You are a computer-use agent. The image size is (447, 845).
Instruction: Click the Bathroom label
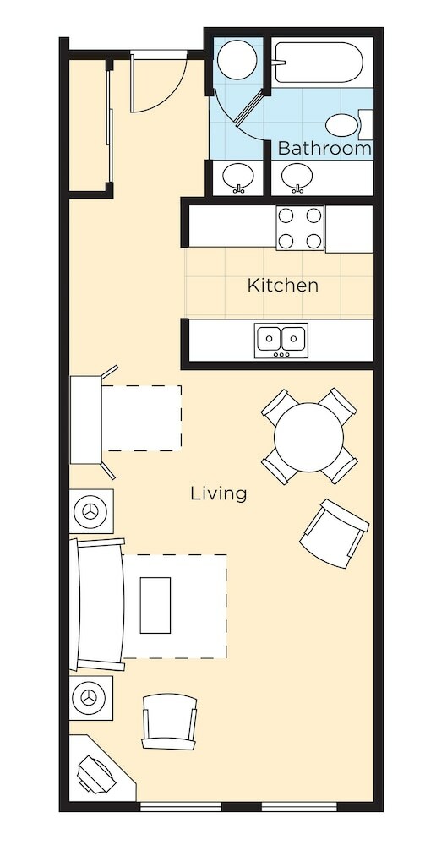[x=324, y=148]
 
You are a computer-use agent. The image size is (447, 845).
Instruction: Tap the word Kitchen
[x=282, y=285]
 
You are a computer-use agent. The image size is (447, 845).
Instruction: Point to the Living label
[x=219, y=493]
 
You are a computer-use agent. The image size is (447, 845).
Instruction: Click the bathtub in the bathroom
[x=317, y=63]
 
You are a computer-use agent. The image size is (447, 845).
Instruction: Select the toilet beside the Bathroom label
[x=348, y=125]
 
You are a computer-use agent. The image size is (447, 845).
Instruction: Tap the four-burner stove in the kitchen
[x=300, y=228]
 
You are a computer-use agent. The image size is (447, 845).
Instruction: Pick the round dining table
[x=308, y=437]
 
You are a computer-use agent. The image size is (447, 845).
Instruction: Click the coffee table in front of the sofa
[x=155, y=605]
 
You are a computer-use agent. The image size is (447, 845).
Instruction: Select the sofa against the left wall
[x=97, y=604]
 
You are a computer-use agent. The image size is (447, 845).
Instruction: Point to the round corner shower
[x=237, y=60]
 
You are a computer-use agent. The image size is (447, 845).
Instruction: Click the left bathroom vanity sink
[x=237, y=178]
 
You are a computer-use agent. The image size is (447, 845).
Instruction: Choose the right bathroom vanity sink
[x=297, y=177]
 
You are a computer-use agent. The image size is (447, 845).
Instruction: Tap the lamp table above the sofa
[x=91, y=511]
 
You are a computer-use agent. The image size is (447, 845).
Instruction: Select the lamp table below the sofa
[x=91, y=698]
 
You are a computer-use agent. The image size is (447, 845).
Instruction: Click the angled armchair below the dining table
[x=335, y=534]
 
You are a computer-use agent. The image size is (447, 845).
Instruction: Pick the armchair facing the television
[x=169, y=722]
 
